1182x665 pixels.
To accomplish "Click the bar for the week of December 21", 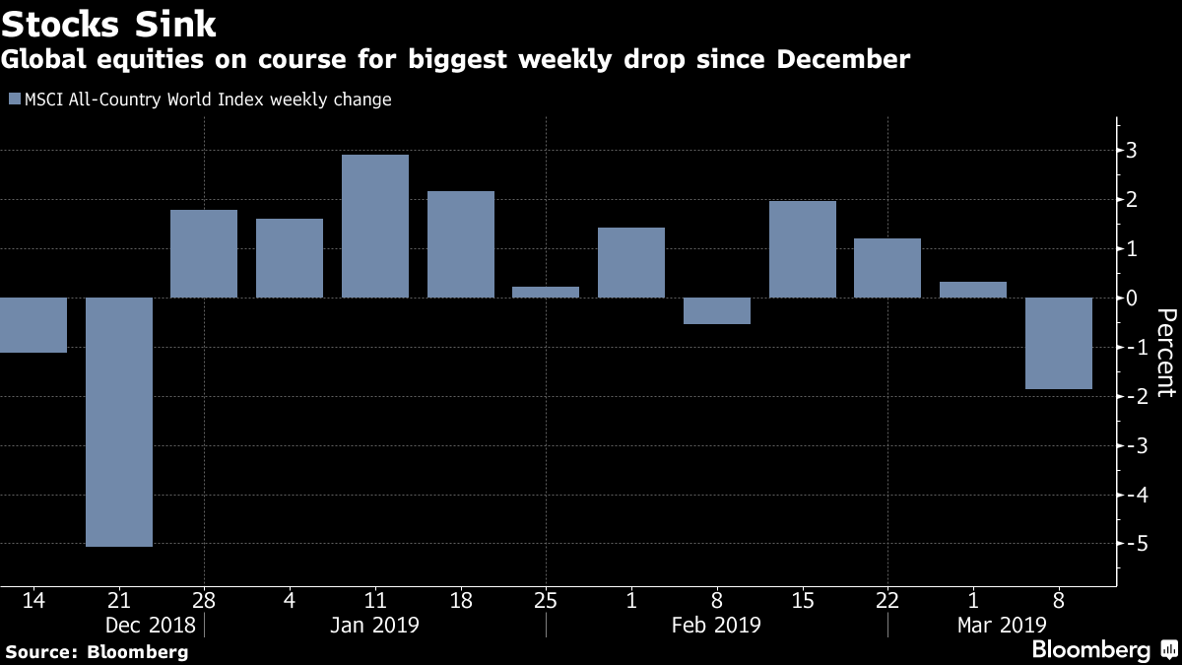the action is click(x=119, y=422).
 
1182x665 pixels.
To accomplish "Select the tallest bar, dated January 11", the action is click(x=375, y=226).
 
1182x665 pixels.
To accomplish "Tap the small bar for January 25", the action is click(x=546, y=292).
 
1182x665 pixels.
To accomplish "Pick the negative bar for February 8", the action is click(x=717, y=311).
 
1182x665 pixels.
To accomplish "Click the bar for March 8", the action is click(x=1059, y=343).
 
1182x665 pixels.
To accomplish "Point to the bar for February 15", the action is click(x=803, y=249).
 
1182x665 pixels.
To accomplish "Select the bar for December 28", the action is click(x=204, y=254).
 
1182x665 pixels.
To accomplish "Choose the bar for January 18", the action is click(x=461, y=244).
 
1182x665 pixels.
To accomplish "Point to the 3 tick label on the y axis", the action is click(x=1132, y=151).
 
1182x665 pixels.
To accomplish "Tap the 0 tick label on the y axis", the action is click(x=1132, y=299).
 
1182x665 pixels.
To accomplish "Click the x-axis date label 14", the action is click(x=33, y=601).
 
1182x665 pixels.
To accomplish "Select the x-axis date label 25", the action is click(x=546, y=601).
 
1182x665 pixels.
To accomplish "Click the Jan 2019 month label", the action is click(x=374, y=626).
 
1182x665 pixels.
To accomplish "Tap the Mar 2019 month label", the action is click(x=1002, y=626).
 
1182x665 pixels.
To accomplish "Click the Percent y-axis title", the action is click(x=1166, y=353).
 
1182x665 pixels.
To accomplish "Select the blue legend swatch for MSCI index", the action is click(x=15, y=99).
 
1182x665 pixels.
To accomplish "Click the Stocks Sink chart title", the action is click(x=108, y=25).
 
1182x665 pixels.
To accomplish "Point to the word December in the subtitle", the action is click(x=843, y=59).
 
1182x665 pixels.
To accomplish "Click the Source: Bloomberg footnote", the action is click(x=98, y=652).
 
